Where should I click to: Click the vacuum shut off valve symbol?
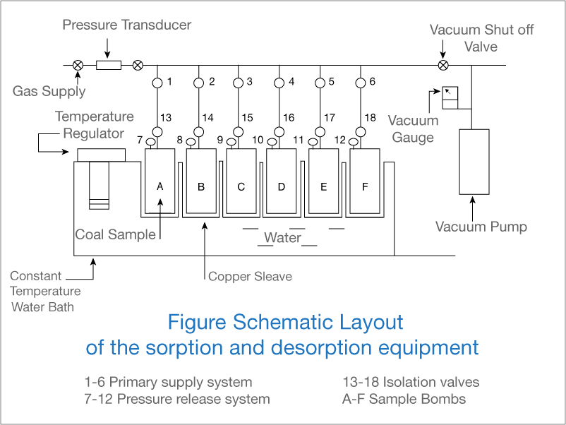point(442,66)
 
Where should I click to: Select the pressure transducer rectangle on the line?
point(108,66)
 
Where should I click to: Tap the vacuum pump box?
point(474,161)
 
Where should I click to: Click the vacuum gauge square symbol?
point(450,97)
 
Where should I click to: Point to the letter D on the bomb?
point(282,187)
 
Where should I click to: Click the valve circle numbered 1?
point(157,83)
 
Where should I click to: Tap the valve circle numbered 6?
point(361,83)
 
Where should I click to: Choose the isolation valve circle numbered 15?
point(239,131)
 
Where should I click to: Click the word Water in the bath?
point(282,238)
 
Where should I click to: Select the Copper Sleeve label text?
point(250,276)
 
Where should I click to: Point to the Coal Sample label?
point(115,234)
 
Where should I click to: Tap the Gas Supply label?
point(49,91)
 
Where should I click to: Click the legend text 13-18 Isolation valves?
point(411,383)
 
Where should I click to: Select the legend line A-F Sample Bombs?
point(404,399)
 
